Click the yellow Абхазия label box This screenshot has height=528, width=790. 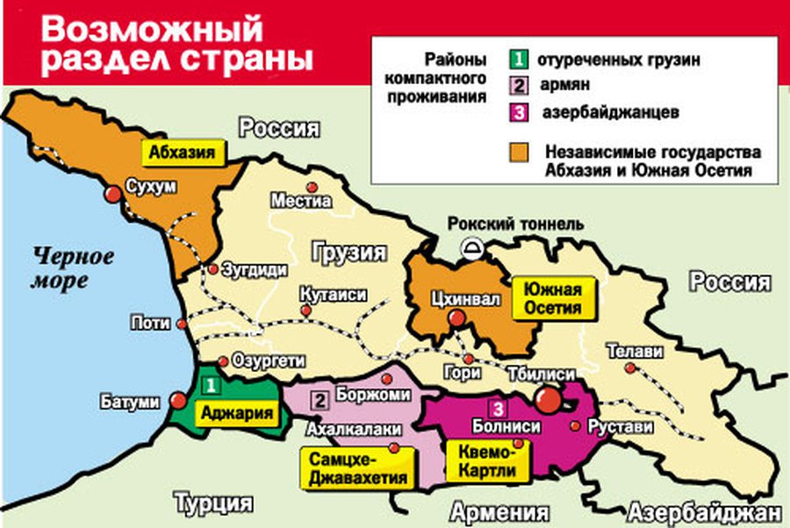(x=183, y=152)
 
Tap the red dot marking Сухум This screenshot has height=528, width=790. (x=113, y=194)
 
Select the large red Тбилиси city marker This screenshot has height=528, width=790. (x=549, y=400)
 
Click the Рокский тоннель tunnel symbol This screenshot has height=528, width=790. (x=474, y=248)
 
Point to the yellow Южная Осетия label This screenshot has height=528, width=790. (x=552, y=298)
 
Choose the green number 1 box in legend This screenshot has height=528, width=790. (x=519, y=61)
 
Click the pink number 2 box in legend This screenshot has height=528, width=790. (x=519, y=87)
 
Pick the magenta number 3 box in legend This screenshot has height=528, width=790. (x=519, y=113)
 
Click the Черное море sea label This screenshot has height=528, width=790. (x=74, y=269)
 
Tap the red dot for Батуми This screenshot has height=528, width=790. (x=178, y=400)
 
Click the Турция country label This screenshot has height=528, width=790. (x=213, y=503)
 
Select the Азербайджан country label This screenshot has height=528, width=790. (x=703, y=512)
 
